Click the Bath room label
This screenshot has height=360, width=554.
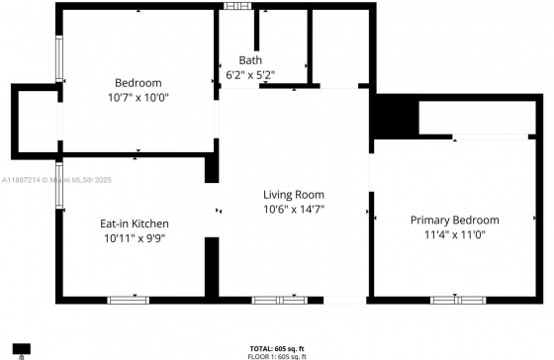click(x=250, y=60)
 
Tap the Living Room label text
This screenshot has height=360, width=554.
click(x=294, y=195)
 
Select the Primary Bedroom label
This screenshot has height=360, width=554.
click(x=455, y=221)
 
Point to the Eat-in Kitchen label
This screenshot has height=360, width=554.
click(x=135, y=224)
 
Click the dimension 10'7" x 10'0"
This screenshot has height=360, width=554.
click(x=138, y=98)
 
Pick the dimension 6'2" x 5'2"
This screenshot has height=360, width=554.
click(x=250, y=75)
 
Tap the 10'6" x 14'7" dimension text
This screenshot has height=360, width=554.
click(x=294, y=210)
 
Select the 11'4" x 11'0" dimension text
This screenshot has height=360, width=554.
click(x=455, y=234)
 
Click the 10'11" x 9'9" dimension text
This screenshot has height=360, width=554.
click(x=135, y=238)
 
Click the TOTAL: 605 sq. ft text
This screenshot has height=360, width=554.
click(x=277, y=349)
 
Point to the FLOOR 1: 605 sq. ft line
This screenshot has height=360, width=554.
click(x=277, y=356)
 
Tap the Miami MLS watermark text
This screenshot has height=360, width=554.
click(x=56, y=180)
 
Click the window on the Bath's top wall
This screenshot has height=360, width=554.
click(x=237, y=6)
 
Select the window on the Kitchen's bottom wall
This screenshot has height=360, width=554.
click(x=129, y=301)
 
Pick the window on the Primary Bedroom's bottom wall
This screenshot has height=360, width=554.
click(x=458, y=301)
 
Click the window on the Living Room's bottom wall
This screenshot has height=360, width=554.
click(x=279, y=301)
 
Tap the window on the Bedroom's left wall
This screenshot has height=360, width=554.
click(x=59, y=58)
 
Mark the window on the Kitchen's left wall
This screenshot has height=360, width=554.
click(x=59, y=185)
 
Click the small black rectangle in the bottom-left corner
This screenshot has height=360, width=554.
click(x=22, y=349)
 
